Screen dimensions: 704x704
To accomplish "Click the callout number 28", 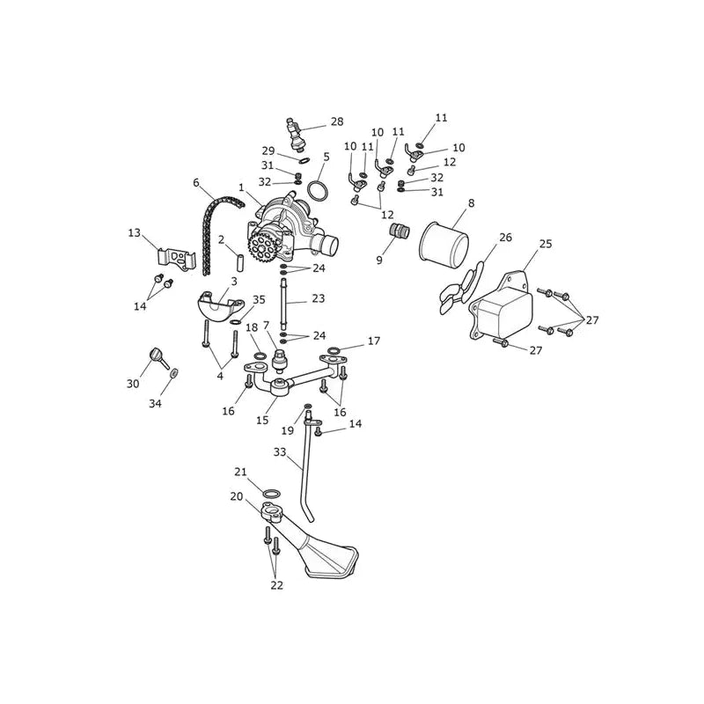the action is [337, 121].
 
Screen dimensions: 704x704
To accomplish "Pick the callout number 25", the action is [546, 244].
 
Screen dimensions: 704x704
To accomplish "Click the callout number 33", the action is [279, 452].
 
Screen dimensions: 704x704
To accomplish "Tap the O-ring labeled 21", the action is [271, 494].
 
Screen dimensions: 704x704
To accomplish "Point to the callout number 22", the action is [277, 585].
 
